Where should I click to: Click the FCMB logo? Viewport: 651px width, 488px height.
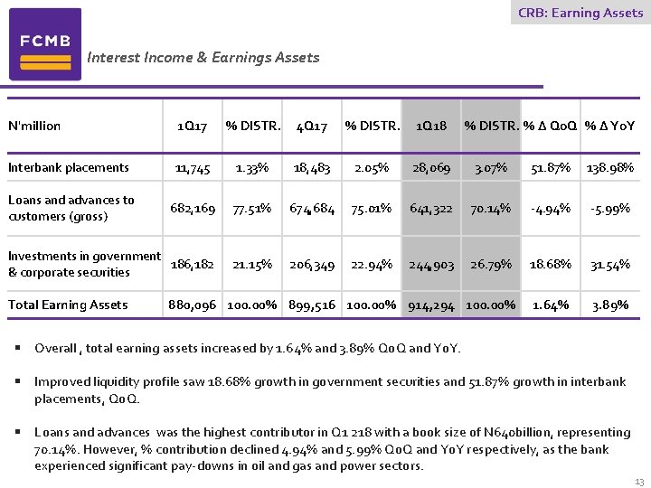[45, 44]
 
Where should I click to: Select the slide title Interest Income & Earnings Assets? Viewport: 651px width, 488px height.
[203, 58]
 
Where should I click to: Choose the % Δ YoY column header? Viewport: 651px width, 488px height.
[609, 126]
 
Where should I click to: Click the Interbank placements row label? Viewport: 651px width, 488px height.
[69, 167]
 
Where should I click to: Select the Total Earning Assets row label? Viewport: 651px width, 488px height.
[68, 305]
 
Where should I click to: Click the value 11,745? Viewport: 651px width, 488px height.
[193, 167]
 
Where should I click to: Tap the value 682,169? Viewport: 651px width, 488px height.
[193, 209]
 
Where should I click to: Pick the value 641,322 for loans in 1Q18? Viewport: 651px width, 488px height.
[431, 209]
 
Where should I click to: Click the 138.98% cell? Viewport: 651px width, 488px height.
[610, 167]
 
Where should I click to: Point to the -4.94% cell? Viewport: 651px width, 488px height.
[552, 209]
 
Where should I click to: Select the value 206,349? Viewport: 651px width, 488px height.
[312, 265]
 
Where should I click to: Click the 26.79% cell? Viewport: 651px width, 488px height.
[491, 265]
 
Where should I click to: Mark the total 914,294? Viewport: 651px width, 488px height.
[431, 305]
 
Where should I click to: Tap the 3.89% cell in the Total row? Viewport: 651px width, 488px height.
[610, 305]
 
